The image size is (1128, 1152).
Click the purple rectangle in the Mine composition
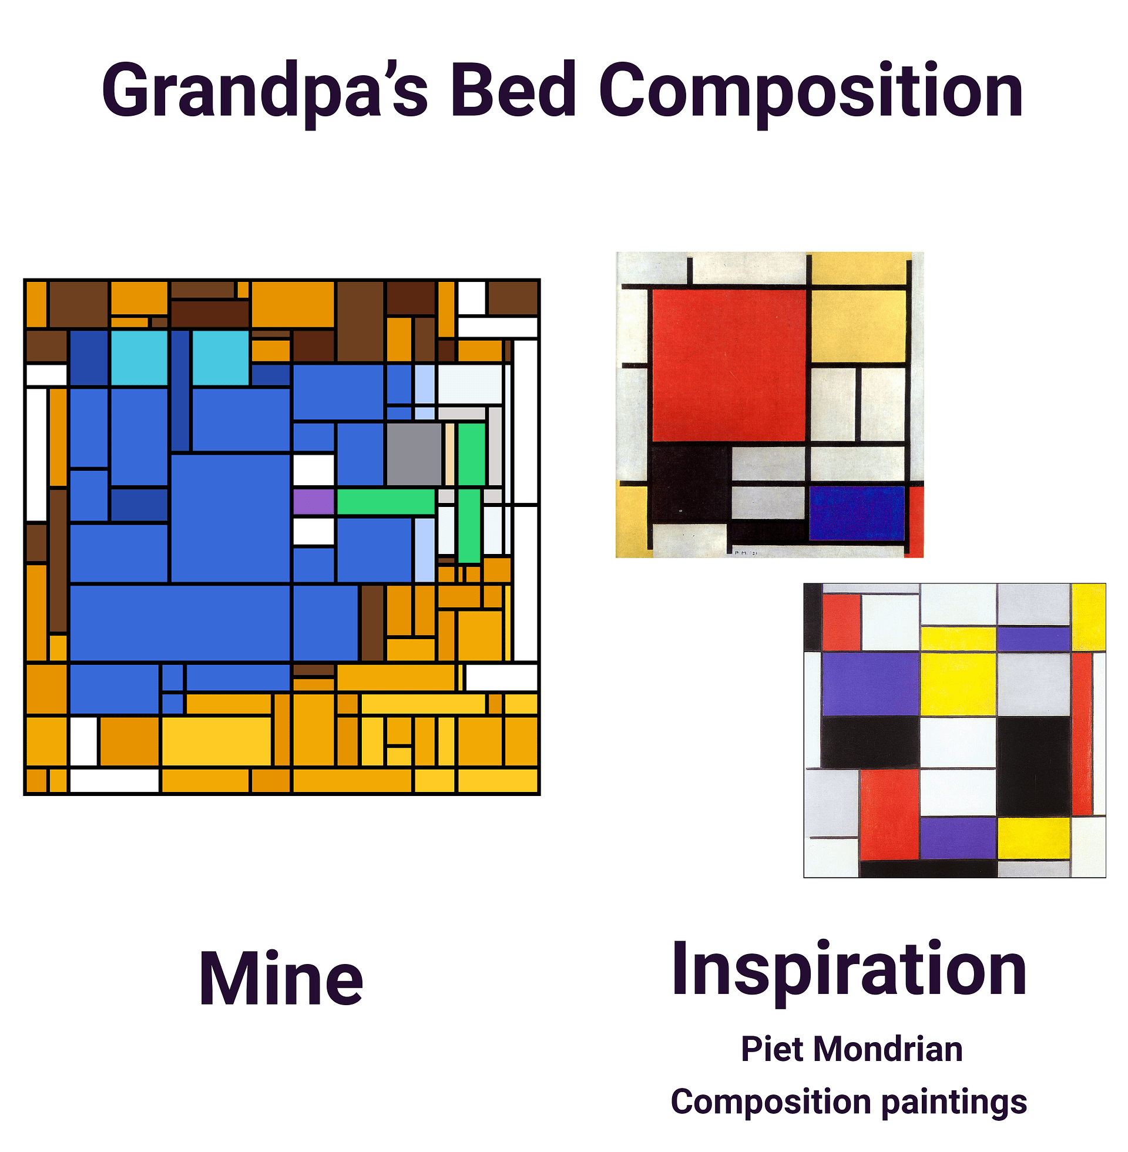coord(314,502)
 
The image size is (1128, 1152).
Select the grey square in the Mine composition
coord(414,454)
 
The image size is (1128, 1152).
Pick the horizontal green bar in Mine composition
coord(386,502)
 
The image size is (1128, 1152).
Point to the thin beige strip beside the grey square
coord(449,454)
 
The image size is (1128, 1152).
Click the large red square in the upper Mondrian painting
coord(729,365)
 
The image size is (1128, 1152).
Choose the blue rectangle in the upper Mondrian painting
coord(857,513)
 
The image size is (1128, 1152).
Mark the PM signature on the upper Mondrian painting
coord(746,553)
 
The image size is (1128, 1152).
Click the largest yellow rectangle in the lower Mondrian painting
coord(958,683)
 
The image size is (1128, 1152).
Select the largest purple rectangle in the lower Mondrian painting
coord(870,683)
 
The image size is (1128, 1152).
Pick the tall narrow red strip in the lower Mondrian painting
coord(1082,734)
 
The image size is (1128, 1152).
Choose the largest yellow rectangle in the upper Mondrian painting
coord(858,325)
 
